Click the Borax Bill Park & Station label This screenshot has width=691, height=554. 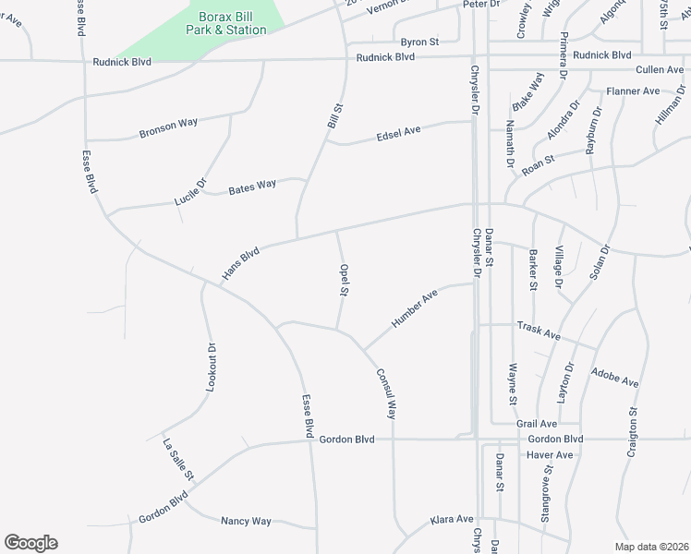pyautogui.click(x=232, y=23)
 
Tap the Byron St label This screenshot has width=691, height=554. pyautogui.click(x=419, y=42)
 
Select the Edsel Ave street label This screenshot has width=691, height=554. pyautogui.click(x=398, y=133)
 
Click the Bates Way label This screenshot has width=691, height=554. pyautogui.click(x=252, y=186)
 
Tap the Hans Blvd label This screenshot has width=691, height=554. pyautogui.click(x=241, y=262)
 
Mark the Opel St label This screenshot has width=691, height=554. pyautogui.click(x=343, y=281)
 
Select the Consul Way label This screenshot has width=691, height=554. pyautogui.click(x=386, y=393)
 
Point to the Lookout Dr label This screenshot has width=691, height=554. pyautogui.click(x=211, y=367)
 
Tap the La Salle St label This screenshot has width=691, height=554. pyautogui.click(x=178, y=458)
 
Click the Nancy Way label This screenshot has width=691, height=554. pyautogui.click(x=246, y=522)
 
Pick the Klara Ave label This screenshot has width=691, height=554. pyautogui.click(x=452, y=520)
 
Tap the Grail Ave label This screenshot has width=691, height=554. pyautogui.click(x=537, y=424)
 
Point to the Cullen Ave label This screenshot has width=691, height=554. pyautogui.click(x=660, y=70)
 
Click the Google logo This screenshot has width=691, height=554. pyautogui.click(x=30, y=543)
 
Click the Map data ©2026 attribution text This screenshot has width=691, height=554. pyautogui.click(x=651, y=547)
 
